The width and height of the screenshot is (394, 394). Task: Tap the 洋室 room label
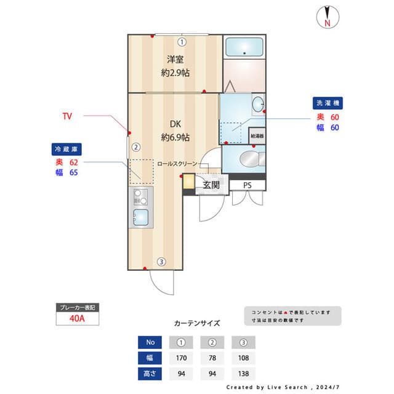(x=175, y=60)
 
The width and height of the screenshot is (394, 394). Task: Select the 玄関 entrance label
(x=211, y=185)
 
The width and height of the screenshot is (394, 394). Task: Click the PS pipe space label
(x=247, y=185)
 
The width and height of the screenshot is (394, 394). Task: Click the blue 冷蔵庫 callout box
(x=67, y=149)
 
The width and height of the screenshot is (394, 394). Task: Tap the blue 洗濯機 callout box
(x=327, y=103)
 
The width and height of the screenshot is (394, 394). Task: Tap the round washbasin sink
(x=258, y=102)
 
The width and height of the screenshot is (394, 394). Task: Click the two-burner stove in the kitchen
(x=141, y=198)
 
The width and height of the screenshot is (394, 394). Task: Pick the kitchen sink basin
(x=141, y=217)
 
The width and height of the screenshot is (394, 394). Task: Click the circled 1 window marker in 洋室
(x=182, y=42)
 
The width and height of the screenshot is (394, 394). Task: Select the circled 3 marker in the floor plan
(x=161, y=262)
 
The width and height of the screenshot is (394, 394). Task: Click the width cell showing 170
(x=181, y=358)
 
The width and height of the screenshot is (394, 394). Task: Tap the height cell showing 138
(x=243, y=373)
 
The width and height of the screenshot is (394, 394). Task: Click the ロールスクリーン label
(x=177, y=164)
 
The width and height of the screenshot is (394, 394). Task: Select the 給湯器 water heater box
(x=257, y=135)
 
